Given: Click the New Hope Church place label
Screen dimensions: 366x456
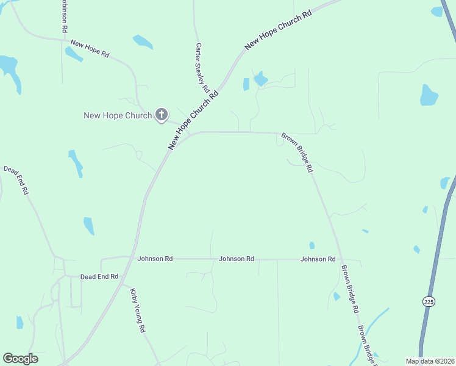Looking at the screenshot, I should click(117, 115).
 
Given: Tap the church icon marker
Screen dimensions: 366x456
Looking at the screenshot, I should click(162, 114).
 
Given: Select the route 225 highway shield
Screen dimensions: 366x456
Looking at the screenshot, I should click(429, 301).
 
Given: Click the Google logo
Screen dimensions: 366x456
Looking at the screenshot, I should click(20, 359).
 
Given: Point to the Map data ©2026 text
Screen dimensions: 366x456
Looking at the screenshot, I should click(430, 361).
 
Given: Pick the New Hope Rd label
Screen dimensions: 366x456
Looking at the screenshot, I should click(90, 48).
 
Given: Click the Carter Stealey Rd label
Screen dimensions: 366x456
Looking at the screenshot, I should click(202, 67).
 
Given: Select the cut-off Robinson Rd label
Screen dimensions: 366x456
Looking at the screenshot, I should click(64, 12).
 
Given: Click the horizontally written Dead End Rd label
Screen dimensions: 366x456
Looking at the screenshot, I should click(99, 276).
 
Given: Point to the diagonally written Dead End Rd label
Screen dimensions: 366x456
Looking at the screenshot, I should click(16, 180).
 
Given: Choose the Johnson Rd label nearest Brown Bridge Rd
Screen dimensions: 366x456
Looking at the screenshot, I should click(318, 259).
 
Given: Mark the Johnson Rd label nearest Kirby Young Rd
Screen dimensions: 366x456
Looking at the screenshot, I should click(155, 259).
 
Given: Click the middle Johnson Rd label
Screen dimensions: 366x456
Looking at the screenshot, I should click(237, 259).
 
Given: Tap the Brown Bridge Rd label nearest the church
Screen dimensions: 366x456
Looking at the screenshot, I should click(297, 152).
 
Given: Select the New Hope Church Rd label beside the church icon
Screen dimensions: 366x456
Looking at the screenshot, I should click(193, 120).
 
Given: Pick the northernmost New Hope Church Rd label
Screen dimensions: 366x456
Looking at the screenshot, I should click(277, 29).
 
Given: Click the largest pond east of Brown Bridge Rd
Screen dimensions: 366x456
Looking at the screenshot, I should click(429, 95).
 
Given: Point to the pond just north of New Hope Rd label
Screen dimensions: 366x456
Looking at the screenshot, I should click(143, 41).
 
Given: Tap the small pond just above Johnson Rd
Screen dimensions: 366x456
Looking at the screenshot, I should click(312, 245).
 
